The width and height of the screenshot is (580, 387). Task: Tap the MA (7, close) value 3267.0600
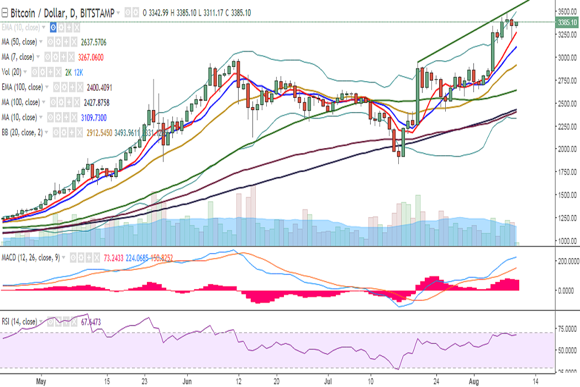88,57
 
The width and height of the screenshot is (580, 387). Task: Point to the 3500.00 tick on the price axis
567,11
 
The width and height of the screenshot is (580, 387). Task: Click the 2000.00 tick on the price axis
567,149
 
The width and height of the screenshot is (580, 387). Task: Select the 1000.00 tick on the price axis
567,240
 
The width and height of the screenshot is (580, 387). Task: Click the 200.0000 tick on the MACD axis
566,260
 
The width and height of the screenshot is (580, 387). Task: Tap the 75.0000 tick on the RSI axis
567,328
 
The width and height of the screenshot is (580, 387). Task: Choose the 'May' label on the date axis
40,381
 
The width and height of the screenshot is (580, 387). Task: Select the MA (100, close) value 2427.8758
104,102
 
